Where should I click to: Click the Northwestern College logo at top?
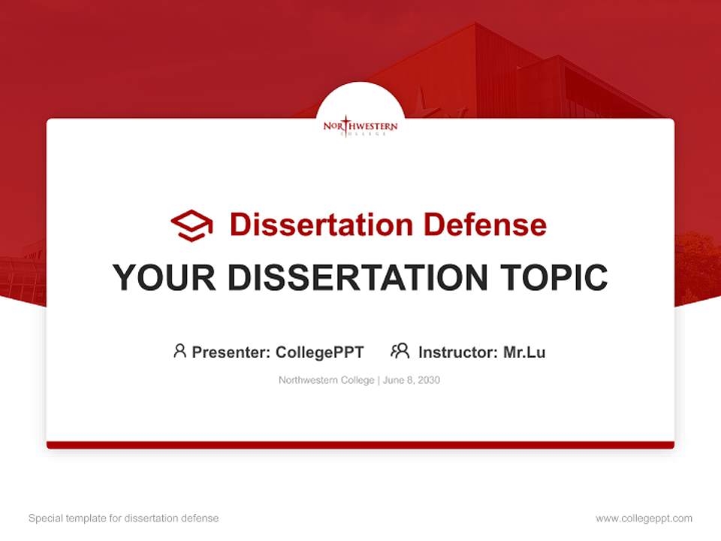click(360, 126)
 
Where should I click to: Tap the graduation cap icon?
click(192, 225)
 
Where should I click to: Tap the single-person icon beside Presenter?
click(179, 351)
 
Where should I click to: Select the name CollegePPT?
click(319, 352)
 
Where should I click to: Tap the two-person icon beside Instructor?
click(400, 351)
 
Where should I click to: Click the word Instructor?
click(457, 352)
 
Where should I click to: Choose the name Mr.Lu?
click(524, 352)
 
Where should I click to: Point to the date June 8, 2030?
click(411, 380)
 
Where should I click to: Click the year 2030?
click(428, 380)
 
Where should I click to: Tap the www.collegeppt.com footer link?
click(644, 518)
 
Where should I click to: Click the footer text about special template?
click(123, 518)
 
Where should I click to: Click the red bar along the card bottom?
click(360, 445)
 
